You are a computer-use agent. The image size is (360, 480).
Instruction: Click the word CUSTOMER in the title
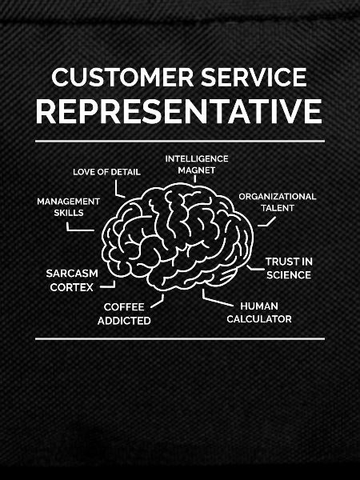tap(122, 77)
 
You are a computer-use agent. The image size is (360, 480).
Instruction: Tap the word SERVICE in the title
tap(254, 77)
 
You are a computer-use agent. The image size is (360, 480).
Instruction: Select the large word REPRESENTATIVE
tap(179, 111)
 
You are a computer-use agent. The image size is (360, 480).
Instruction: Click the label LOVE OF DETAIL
tap(106, 172)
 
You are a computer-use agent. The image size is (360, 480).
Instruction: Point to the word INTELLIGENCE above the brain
tap(197, 159)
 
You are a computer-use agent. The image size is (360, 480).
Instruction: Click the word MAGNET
tap(197, 170)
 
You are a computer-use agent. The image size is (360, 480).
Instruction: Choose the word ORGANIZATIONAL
tap(278, 197)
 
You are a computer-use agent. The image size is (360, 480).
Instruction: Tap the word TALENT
tap(278, 208)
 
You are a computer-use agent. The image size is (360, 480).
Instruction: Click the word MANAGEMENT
tap(68, 202)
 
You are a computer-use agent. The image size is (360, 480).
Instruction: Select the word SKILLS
tap(69, 213)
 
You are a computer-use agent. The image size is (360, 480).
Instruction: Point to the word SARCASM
tap(72, 274)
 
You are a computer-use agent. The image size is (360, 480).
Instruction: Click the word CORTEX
tap(72, 287)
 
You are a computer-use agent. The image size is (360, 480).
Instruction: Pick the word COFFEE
tap(124, 307)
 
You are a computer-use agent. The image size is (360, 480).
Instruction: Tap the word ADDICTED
tap(124, 321)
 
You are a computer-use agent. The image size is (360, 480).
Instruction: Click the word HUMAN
tap(259, 306)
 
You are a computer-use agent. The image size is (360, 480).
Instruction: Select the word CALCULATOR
tap(259, 319)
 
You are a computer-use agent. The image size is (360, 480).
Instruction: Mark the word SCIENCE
tap(289, 275)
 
